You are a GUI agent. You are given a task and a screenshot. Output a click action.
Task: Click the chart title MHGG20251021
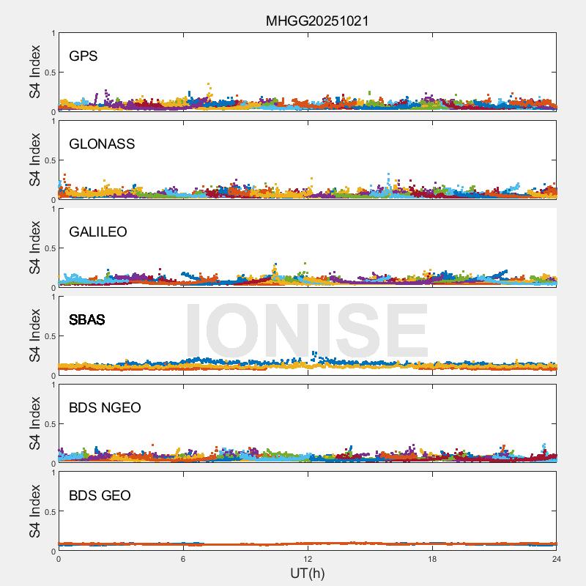click(316, 21)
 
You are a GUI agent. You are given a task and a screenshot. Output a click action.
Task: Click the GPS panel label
click(83, 56)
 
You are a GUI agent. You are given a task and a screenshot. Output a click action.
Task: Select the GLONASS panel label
click(102, 144)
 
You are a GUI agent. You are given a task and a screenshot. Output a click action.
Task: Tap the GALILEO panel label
click(98, 232)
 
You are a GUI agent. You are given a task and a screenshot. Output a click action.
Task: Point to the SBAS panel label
click(87, 320)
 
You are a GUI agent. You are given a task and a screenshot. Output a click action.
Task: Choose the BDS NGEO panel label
click(105, 408)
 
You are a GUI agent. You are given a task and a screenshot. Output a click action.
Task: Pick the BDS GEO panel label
click(100, 496)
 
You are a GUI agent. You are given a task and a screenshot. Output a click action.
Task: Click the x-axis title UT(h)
click(307, 573)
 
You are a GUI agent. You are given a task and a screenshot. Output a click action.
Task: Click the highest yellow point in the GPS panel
click(209, 85)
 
